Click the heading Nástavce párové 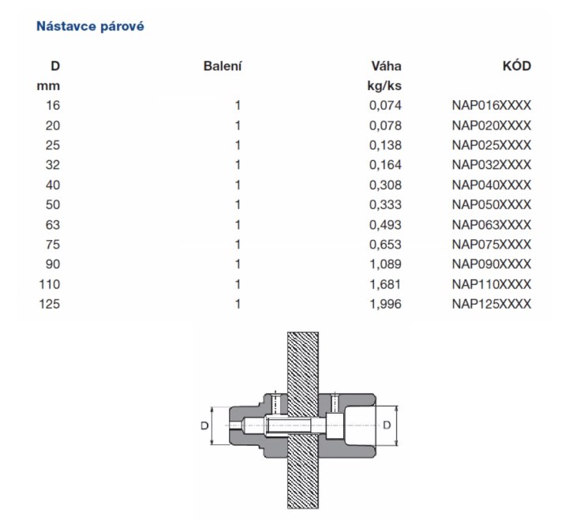coord(90,27)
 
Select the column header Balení coord(223,66)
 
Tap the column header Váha coord(386,66)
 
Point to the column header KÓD coord(517,66)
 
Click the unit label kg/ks coord(384,86)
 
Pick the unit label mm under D coord(48,86)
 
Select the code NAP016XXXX coord(491,105)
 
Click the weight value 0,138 coord(385,145)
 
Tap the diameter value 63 coord(53,225)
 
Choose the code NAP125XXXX coord(491,304)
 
